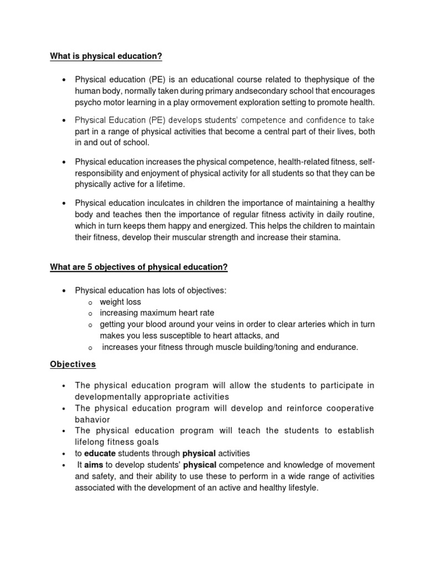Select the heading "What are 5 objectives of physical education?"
(x=139, y=267)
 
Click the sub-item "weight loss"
(x=120, y=302)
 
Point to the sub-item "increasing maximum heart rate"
(x=157, y=313)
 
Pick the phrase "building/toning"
(x=262, y=347)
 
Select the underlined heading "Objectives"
(x=72, y=364)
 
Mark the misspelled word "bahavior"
(x=90, y=420)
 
